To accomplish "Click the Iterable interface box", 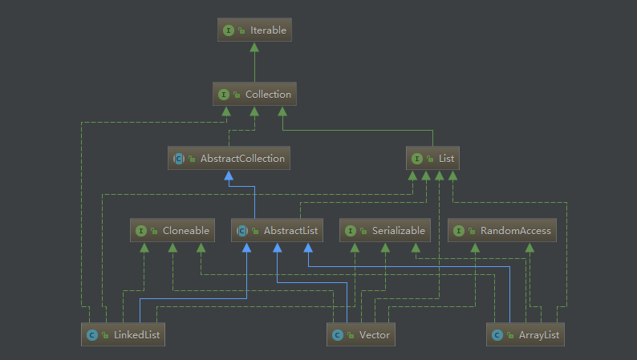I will [x=254, y=30].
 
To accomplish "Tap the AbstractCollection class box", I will [x=229, y=159].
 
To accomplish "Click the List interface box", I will [x=432, y=159].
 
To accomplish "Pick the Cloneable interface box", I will [x=172, y=231].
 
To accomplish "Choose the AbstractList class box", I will [x=278, y=231].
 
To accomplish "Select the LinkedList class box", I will [x=124, y=334].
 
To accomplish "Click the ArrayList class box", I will [x=526, y=334].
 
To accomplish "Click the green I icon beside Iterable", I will [x=229, y=30].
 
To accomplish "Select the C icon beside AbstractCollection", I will [x=179, y=159].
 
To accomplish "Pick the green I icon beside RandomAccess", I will [x=459, y=231].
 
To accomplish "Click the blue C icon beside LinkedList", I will [x=93, y=335].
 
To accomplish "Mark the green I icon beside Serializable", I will [x=351, y=231].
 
